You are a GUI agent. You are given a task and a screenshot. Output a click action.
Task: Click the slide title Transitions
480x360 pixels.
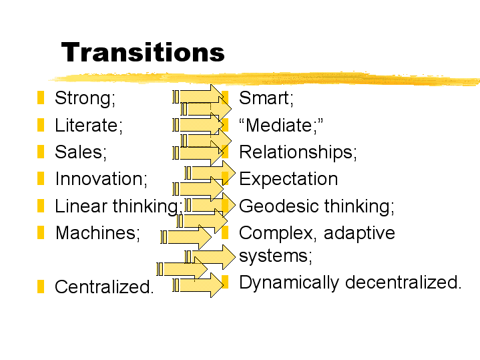point(143,52)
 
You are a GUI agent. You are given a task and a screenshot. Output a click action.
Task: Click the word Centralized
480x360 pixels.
point(104,287)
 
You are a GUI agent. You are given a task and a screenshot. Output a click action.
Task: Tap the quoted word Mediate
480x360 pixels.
point(281,125)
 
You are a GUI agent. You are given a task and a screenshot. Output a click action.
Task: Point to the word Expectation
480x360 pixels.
point(288,178)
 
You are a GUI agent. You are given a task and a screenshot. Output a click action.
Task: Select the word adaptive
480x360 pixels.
point(359,234)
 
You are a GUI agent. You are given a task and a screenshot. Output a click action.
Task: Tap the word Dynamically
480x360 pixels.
point(289,283)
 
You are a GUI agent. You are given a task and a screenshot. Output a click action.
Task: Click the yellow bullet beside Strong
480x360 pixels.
point(41,98)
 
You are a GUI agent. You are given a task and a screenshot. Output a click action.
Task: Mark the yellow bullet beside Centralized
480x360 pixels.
point(41,287)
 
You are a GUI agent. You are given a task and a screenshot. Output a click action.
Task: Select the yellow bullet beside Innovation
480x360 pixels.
point(41,178)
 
